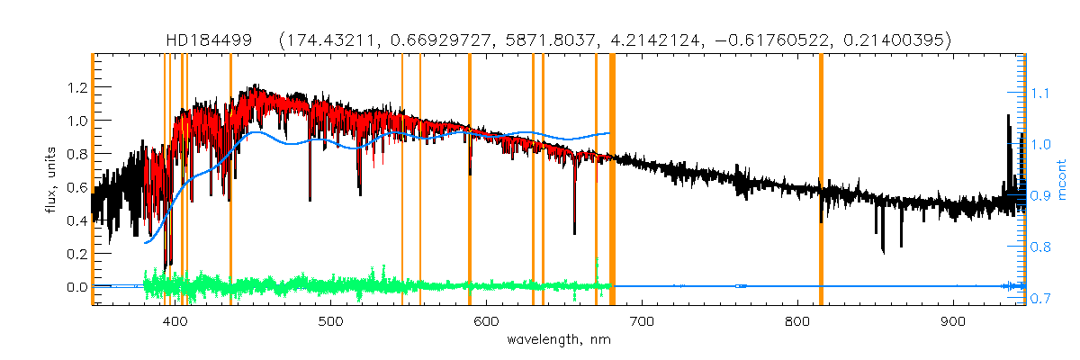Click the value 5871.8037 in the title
point(564,40)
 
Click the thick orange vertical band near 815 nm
point(821,180)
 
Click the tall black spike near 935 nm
point(1007,135)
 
